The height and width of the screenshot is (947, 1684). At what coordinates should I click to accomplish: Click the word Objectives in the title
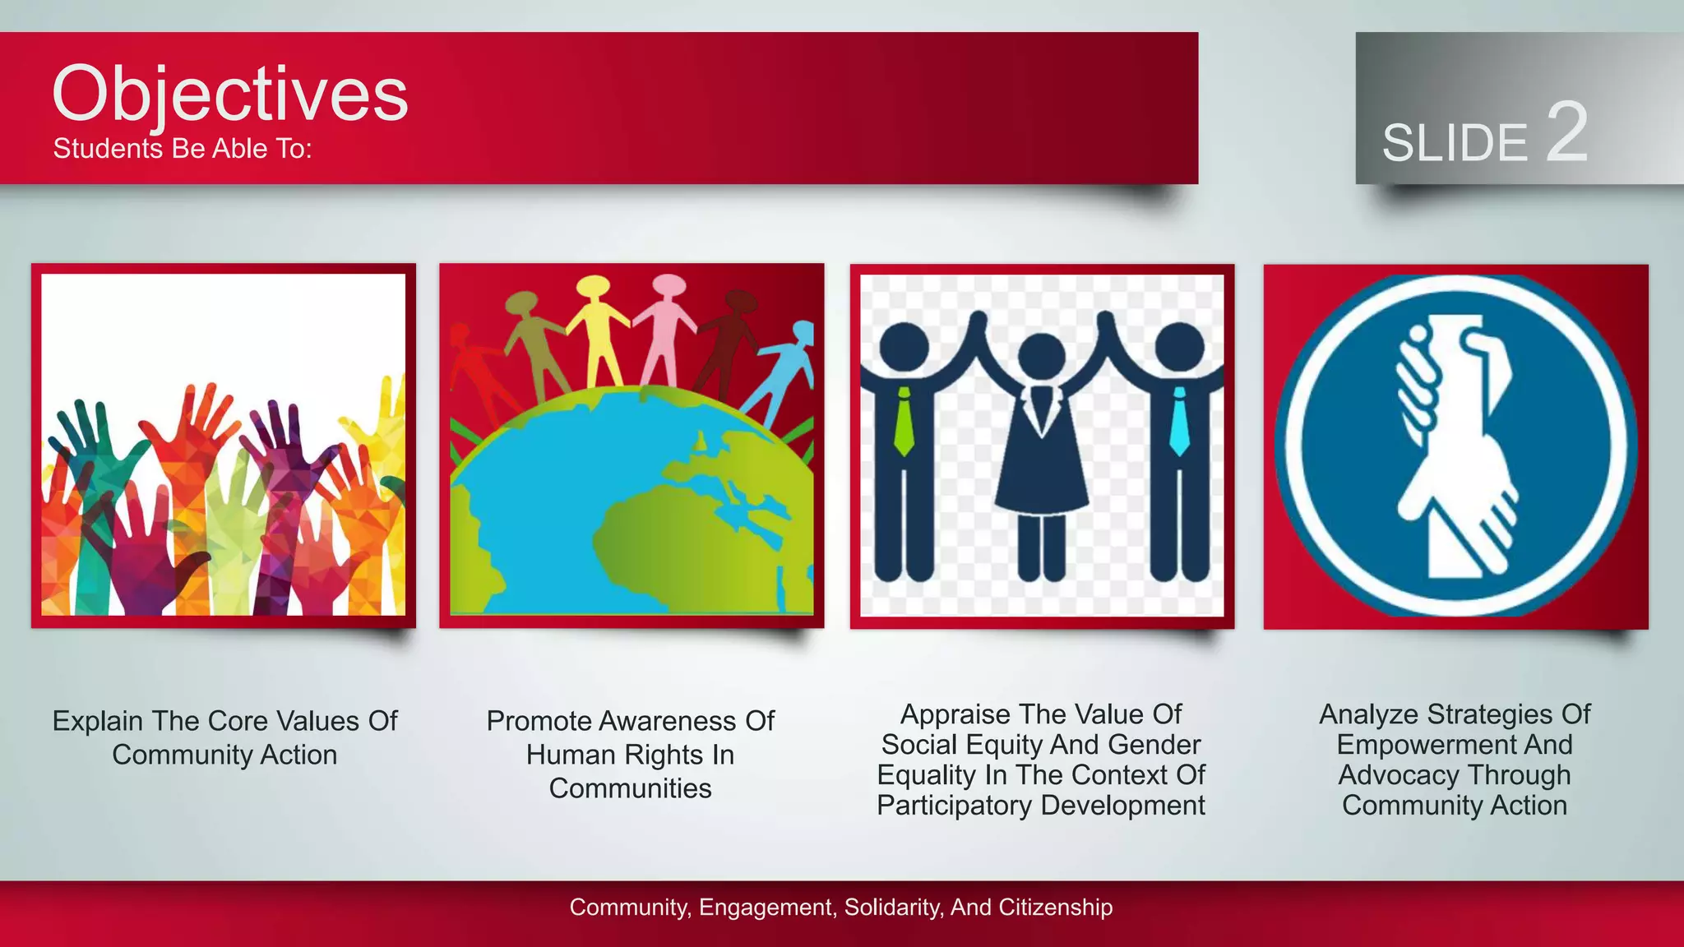tap(229, 95)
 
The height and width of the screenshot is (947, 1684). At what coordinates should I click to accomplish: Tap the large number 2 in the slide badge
tap(1566, 132)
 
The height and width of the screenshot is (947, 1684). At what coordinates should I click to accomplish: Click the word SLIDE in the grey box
tap(1454, 143)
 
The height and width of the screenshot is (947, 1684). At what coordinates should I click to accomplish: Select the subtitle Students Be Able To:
tap(183, 149)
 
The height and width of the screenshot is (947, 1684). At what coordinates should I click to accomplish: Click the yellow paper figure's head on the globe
tap(592, 287)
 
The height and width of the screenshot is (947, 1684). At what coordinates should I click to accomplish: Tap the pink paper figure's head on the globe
tap(669, 284)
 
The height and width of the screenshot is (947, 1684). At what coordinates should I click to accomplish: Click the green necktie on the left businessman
tap(904, 422)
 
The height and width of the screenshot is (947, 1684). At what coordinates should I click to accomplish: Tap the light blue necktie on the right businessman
tap(1179, 422)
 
